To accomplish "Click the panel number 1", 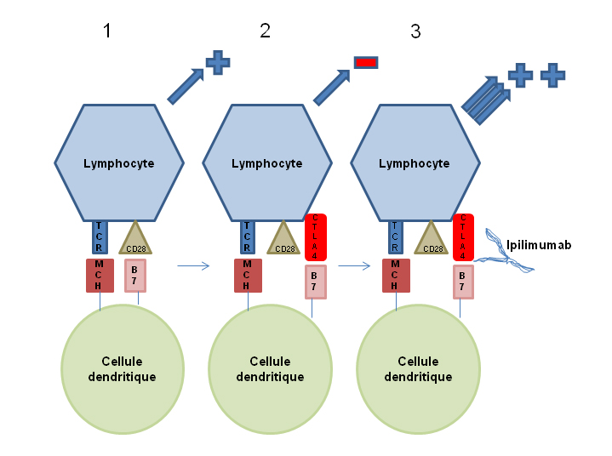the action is (107, 31).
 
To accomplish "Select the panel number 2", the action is (265, 31).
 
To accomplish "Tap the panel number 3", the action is (415, 31).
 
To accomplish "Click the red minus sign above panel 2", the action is (366, 62).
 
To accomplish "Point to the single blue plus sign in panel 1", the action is (218, 62).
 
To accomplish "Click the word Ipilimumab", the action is (539, 245).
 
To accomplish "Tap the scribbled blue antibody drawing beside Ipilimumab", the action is (504, 252).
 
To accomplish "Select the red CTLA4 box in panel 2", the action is (316, 237).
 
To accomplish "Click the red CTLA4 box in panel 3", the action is (463, 237).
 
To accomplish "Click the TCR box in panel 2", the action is (247, 237).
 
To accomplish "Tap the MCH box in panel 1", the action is (100, 276).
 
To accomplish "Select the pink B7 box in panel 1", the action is (135, 276).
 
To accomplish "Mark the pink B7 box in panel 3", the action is (463, 282).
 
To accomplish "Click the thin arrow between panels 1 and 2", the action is (193, 266).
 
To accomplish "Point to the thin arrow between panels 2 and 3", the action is (354, 266).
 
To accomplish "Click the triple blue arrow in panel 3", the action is (486, 100).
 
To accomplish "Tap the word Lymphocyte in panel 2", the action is (267, 163).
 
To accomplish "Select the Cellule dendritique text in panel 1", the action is (123, 369).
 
